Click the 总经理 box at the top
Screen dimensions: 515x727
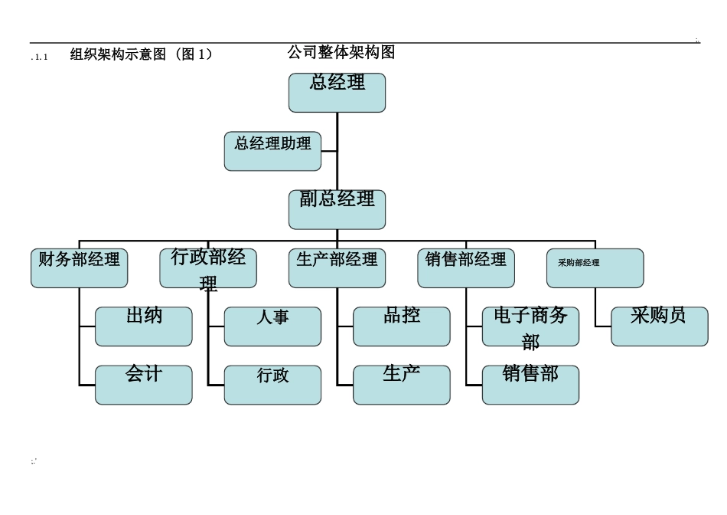click(337, 93)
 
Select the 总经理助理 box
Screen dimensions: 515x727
click(272, 151)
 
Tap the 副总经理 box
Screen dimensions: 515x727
click(337, 209)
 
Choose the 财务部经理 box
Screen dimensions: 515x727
click(79, 268)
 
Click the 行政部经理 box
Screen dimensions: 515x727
click(208, 268)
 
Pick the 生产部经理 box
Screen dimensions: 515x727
click(337, 268)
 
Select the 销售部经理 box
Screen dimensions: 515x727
click(466, 268)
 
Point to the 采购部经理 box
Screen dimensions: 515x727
click(595, 268)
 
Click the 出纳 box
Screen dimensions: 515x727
click(144, 326)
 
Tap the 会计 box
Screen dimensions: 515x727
click(144, 385)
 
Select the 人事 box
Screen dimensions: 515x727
click(272, 326)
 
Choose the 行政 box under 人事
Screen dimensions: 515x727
click(272, 385)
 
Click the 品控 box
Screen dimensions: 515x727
click(402, 326)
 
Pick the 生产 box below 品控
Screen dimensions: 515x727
click(402, 385)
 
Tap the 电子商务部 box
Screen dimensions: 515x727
click(530, 326)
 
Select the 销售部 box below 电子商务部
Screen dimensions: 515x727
click(530, 385)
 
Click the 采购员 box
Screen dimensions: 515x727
click(659, 326)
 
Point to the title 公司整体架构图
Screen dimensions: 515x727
click(341, 52)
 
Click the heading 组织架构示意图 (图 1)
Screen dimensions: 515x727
click(141, 54)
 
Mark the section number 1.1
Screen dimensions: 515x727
click(41, 57)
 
